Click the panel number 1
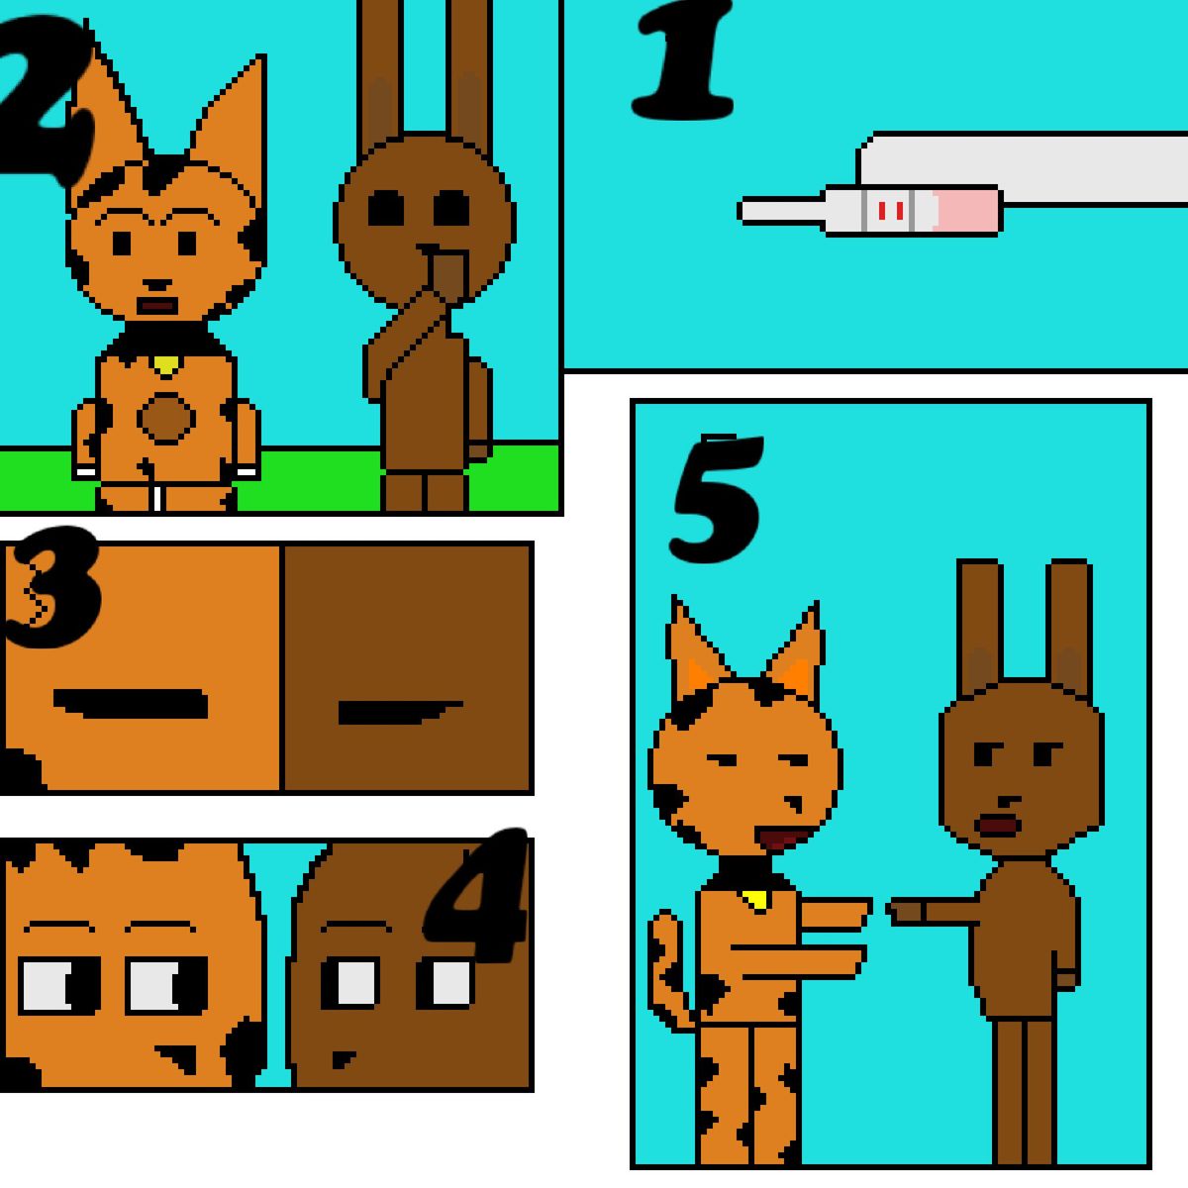[684, 60]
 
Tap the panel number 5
[717, 498]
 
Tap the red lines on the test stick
[891, 211]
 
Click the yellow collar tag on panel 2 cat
[166, 364]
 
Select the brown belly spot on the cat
[166, 418]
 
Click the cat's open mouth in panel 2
[156, 306]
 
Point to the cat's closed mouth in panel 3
[131, 704]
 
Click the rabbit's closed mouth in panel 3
[400, 712]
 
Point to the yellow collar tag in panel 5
[755, 900]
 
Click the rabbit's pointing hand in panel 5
[904, 912]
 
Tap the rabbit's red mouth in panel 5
[998, 826]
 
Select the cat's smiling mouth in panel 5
[784, 839]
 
